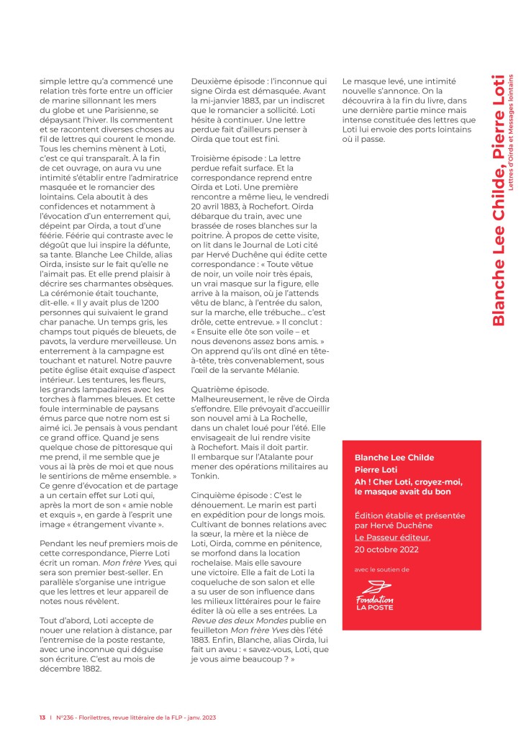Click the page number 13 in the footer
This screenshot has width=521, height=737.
tap(42, 718)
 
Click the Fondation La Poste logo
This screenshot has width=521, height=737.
tap(375, 594)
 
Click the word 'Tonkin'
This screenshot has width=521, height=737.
tap(206, 476)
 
